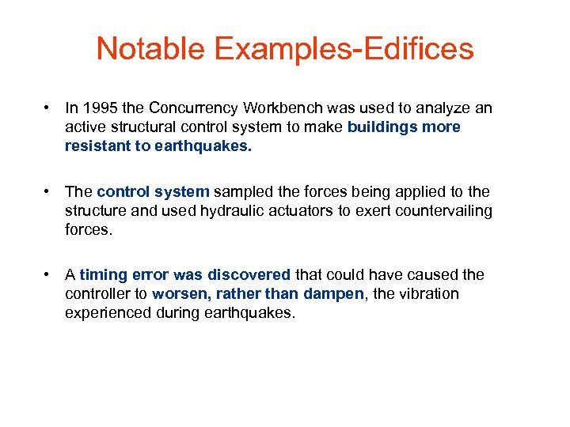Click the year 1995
pyautogui.click(x=99, y=108)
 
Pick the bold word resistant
pyautogui.click(x=96, y=145)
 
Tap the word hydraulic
pyautogui.click(x=236, y=210)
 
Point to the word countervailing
pyautogui.click(x=442, y=210)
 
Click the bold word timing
pyautogui.click(x=101, y=274)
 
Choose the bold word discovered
pyautogui.click(x=249, y=274)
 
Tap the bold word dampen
pyautogui.click(x=334, y=293)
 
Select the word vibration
pyautogui.click(x=428, y=293)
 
